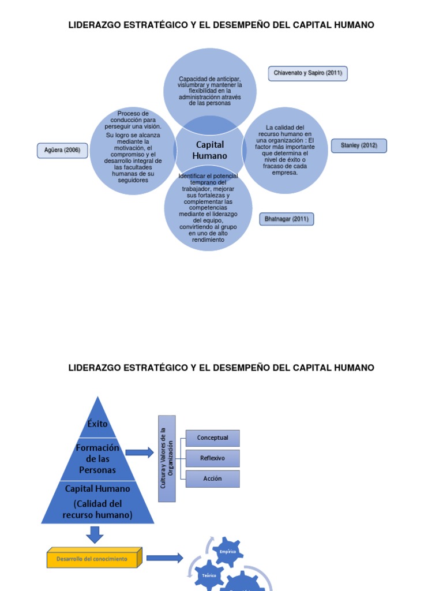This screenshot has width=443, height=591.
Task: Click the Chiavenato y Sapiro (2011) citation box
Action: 308,73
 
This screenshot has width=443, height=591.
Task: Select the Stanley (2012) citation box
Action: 359,145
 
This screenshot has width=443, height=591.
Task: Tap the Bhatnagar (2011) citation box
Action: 287,219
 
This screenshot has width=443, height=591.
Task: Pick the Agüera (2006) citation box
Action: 62,151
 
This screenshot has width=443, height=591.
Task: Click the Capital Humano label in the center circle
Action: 210,150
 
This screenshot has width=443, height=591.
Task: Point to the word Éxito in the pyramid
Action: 97,424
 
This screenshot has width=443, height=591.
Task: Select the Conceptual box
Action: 212,438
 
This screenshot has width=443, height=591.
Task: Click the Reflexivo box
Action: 212,458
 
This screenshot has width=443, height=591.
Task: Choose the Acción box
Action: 212,478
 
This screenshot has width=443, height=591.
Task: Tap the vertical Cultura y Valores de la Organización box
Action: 167,458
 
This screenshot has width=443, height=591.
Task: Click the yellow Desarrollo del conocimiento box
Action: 93,559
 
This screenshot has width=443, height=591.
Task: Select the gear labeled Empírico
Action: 227,552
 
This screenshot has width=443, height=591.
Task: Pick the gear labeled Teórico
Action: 209,576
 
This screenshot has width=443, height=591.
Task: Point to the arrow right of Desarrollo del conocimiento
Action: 164,558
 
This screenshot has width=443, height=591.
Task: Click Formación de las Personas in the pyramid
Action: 97,459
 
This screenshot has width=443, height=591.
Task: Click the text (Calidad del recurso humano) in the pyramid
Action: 97,509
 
